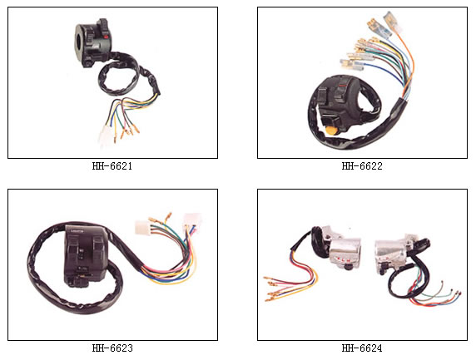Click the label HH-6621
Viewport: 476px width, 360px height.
[112, 166]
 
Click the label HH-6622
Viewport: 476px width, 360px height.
[362, 166]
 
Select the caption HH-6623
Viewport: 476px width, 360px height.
[112, 348]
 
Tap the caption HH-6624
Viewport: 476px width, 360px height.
[362, 348]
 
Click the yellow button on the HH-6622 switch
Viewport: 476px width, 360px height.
[331, 131]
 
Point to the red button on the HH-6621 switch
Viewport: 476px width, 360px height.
[106, 37]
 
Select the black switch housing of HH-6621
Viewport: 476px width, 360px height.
[92, 42]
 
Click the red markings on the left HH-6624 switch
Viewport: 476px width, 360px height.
[342, 260]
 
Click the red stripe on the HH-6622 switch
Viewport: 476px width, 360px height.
[342, 86]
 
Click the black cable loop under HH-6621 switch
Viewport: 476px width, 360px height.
[118, 77]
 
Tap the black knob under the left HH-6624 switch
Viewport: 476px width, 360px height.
[348, 267]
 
